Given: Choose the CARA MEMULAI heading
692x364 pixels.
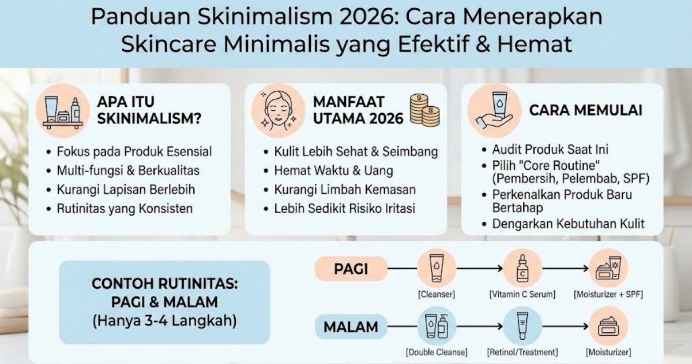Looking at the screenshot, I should pos(585,110).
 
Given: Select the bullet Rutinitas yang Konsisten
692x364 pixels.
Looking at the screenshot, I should pos(125,209).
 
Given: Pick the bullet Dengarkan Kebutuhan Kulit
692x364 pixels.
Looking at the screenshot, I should pos(568,224).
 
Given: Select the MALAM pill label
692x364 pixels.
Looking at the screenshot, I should pos(351,327).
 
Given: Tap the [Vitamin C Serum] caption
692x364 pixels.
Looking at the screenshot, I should pos(522,295).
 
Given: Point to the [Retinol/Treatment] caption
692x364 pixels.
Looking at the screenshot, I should pos(522,352).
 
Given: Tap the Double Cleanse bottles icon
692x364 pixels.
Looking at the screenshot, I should pos(436,326).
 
